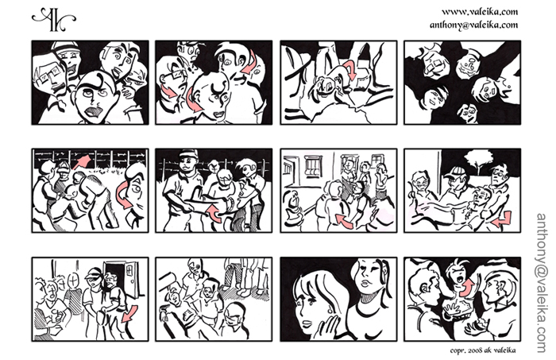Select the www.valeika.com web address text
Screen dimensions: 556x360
[x=480, y=12]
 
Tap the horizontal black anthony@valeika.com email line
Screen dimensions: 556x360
[x=473, y=25]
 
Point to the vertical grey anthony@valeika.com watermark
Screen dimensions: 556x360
[x=542, y=283]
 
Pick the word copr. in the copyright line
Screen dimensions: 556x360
[x=458, y=350]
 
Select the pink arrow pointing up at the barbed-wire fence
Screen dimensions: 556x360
[x=82, y=161]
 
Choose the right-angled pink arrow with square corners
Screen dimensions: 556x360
[x=503, y=220]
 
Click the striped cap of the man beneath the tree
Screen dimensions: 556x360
[x=454, y=172]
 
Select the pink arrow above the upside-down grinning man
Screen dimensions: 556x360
[x=350, y=69]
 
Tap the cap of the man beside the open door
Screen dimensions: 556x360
[x=94, y=273]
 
